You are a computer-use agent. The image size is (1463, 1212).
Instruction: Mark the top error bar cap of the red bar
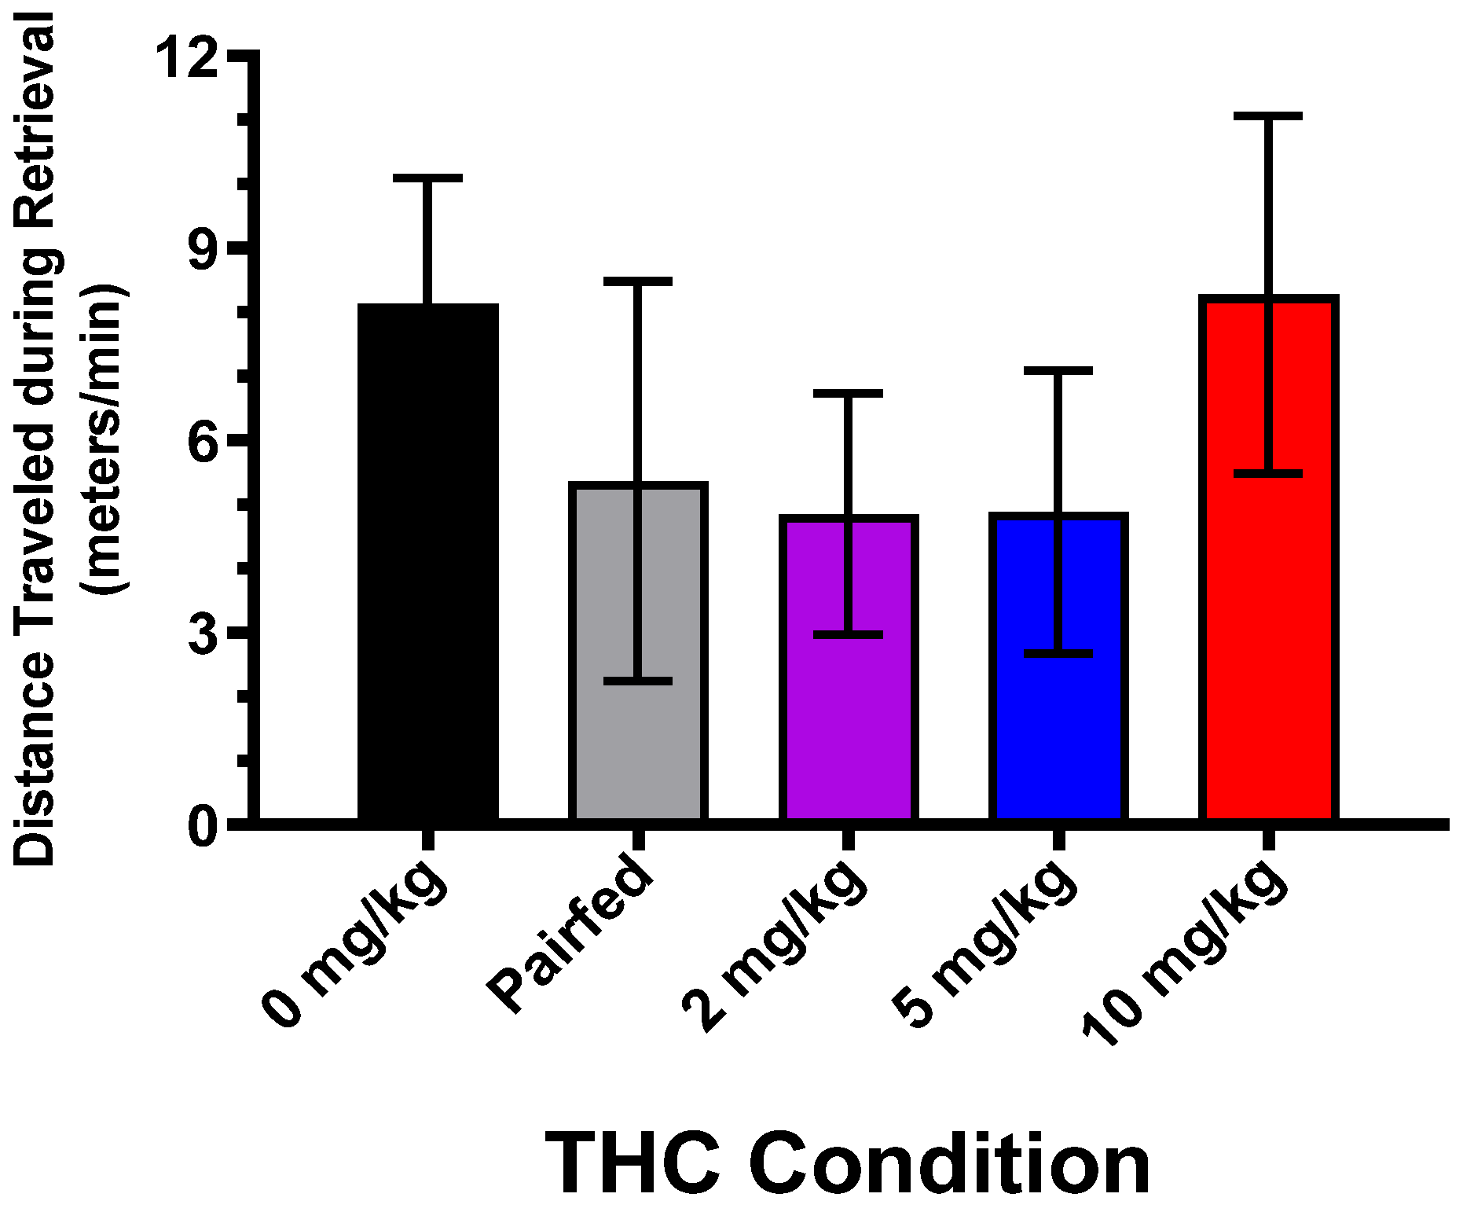click(1268, 116)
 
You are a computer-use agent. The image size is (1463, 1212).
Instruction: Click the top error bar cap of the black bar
click(428, 178)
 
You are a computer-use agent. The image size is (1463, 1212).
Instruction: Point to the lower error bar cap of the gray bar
click(638, 681)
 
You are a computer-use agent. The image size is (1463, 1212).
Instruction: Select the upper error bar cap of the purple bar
click(849, 392)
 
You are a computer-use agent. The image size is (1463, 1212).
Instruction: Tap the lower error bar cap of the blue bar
click(1058, 653)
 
